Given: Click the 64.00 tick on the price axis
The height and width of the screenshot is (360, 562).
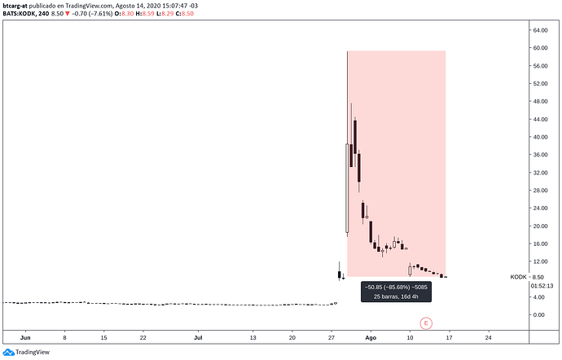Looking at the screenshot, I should [x=540, y=30].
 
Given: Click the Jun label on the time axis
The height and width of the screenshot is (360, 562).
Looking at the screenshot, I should [x=25, y=336].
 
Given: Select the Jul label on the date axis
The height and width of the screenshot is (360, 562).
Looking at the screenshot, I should [x=199, y=336].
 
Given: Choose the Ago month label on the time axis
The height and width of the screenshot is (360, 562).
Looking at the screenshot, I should [x=371, y=336].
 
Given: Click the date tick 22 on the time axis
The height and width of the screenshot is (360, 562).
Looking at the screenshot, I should [x=143, y=336].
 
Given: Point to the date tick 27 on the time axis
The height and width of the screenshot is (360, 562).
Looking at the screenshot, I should [x=331, y=336].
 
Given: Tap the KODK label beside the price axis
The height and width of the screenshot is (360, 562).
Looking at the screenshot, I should [x=518, y=277].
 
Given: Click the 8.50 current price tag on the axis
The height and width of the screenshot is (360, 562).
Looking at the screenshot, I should [x=538, y=277].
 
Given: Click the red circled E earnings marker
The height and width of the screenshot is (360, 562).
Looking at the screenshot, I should [x=424, y=323].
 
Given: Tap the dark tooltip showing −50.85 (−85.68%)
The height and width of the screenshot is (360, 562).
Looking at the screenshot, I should [x=397, y=291].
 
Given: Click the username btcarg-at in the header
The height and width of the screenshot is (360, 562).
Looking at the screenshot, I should [x=18, y=5].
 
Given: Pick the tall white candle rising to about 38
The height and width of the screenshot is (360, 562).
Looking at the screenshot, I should [x=348, y=189].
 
